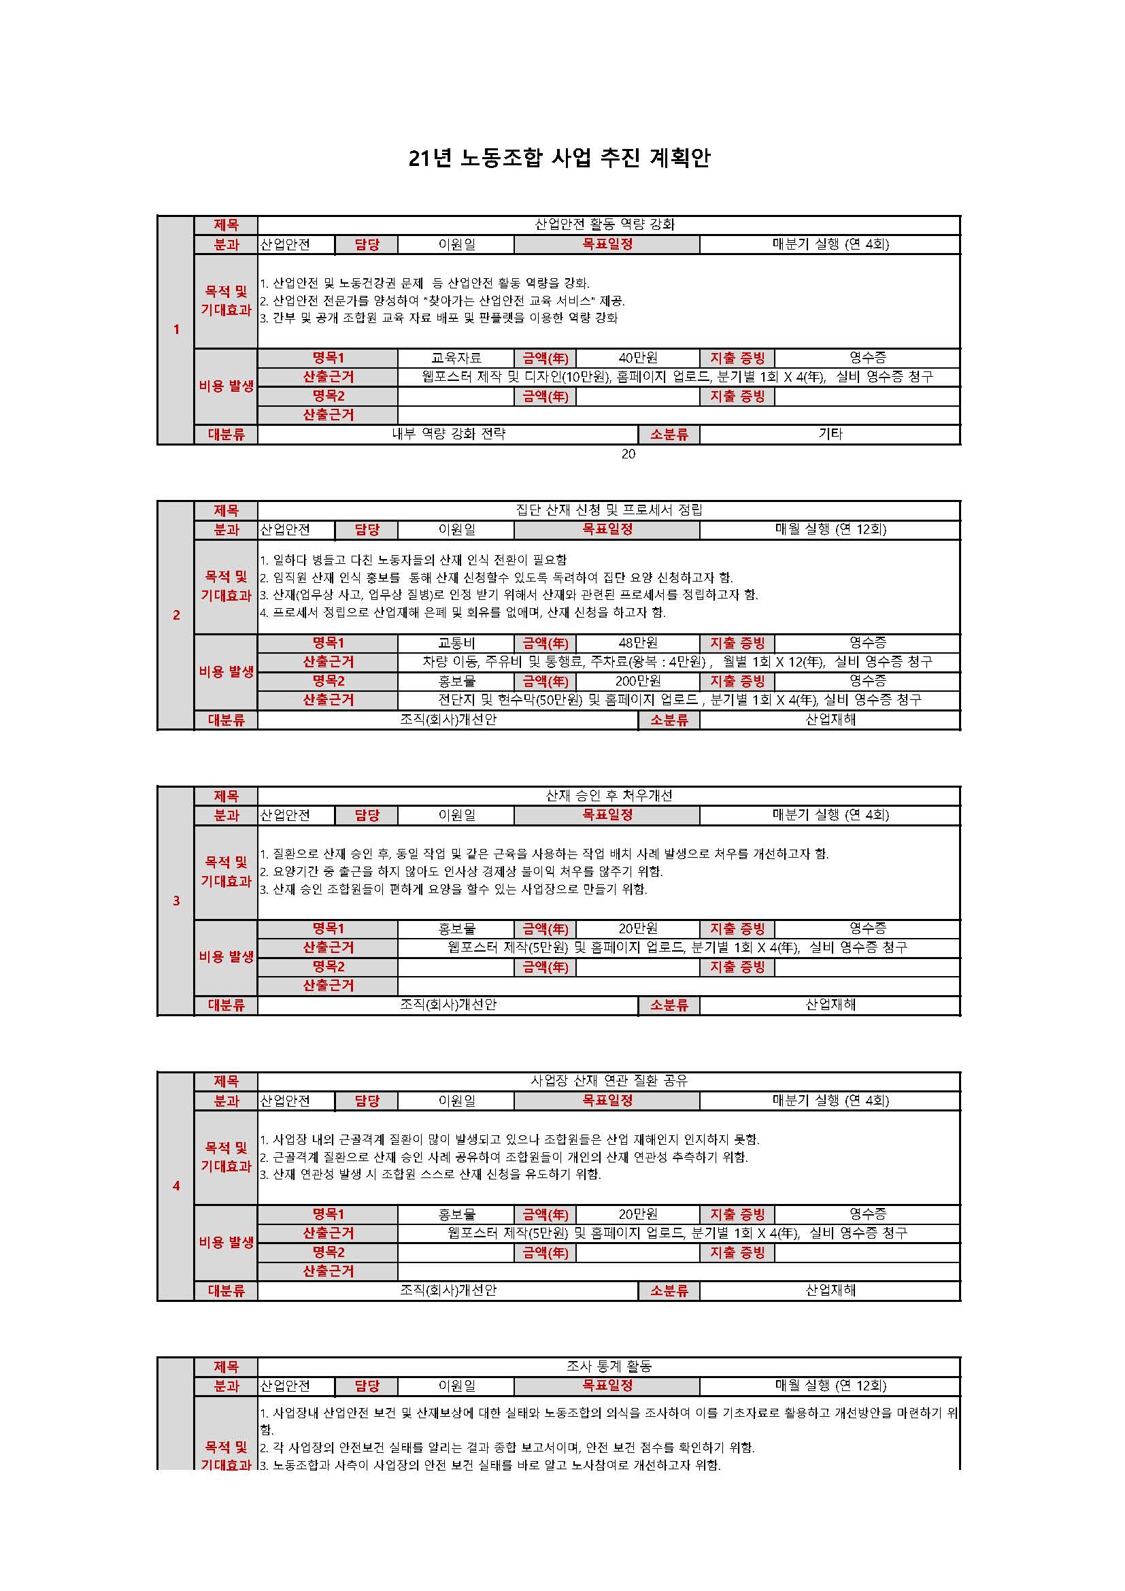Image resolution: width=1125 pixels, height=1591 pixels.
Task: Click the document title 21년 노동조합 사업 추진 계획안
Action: (x=559, y=158)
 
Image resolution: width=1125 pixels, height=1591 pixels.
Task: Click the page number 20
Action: (x=628, y=454)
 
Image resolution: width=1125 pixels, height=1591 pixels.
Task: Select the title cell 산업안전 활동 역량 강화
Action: (x=604, y=224)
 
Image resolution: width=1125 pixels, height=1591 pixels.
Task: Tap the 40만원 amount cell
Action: (x=637, y=358)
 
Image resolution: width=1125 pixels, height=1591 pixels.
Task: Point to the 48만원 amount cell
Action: (x=637, y=643)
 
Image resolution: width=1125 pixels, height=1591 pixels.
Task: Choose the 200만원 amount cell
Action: (x=637, y=681)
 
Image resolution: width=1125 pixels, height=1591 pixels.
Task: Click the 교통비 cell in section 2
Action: (x=456, y=643)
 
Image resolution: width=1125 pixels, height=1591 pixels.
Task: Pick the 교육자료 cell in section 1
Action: (x=456, y=358)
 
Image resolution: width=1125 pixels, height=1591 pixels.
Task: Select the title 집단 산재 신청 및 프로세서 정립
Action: (x=608, y=510)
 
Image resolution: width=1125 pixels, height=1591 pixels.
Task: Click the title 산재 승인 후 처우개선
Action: (x=608, y=796)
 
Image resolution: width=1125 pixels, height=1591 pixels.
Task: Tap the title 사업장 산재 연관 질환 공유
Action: (x=608, y=1081)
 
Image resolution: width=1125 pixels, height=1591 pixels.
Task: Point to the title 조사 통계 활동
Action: (x=608, y=1367)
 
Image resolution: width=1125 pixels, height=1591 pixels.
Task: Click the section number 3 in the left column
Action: (x=176, y=901)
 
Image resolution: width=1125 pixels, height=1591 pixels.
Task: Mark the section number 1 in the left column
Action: (x=176, y=330)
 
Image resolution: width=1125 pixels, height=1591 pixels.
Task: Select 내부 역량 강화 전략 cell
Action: (x=448, y=435)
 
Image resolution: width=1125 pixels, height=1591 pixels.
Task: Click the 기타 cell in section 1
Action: (x=830, y=435)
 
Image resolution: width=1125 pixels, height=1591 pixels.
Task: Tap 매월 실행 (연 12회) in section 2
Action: (x=830, y=529)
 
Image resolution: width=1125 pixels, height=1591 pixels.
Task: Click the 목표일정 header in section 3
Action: (x=607, y=815)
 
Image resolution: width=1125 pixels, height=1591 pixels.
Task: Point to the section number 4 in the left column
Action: (x=176, y=1186)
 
